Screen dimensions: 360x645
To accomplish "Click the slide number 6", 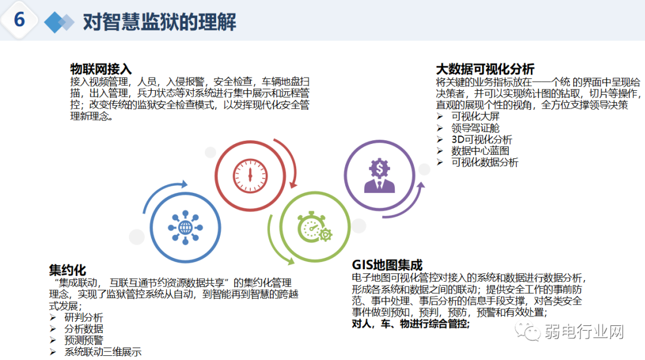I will [19, 20].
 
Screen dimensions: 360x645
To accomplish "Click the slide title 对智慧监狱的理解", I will [159, 22].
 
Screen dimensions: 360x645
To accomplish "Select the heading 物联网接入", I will [101, 69].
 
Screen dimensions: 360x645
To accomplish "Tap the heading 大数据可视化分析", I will [485, 69].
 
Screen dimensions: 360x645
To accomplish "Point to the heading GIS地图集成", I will [387, 264].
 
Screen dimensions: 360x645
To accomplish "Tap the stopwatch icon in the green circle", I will [315, 227].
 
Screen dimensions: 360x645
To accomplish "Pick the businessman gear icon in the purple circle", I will [379, 175].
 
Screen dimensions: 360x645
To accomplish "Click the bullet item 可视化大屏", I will [475, 116].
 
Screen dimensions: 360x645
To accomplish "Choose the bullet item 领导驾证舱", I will [475, 128].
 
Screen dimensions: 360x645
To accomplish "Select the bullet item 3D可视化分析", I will [481, 139].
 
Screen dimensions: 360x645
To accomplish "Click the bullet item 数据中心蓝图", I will [481, 150].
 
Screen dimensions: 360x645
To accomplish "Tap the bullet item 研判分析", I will [84, 318].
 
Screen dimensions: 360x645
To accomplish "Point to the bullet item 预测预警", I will [84, 340].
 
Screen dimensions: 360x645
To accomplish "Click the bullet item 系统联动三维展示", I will [103, 352].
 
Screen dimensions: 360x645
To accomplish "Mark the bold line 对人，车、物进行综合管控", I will [411, 324].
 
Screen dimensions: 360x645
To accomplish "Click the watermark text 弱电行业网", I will [583, 332].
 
